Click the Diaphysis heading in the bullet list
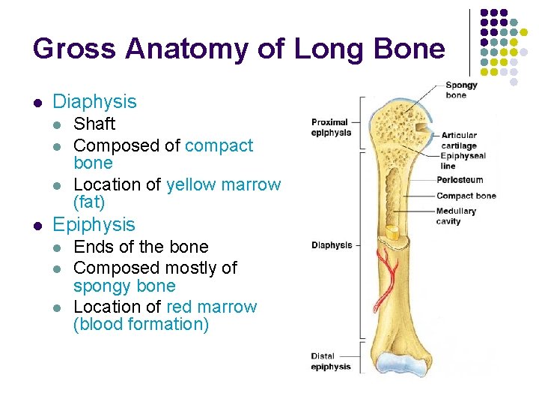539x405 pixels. (x=94, y=101)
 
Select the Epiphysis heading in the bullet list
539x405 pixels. (x=94, y=224)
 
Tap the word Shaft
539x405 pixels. (x=94, y=124)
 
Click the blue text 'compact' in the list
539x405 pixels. (x=219, y=145)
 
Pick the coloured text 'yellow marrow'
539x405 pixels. (x=223, y=184)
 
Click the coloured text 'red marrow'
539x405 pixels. (x=211, y=307)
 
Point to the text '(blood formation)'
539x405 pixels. (x=141, y=325)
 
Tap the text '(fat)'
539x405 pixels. (x=89, y=202)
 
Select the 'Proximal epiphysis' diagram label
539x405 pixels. (x=331, y=127)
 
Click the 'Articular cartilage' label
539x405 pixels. (x=458, y=140)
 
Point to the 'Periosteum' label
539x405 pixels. (x=460, y=180)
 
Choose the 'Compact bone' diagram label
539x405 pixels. (x=466, y=196)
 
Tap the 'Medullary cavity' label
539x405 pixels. (x=456, y=216)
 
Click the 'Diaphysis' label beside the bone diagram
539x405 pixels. (x=331, y=245)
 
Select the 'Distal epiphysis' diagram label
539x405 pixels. (x=331, y=361)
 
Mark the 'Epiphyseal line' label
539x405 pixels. (x=463, y=160)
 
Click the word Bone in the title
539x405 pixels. (x=412, y=49)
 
